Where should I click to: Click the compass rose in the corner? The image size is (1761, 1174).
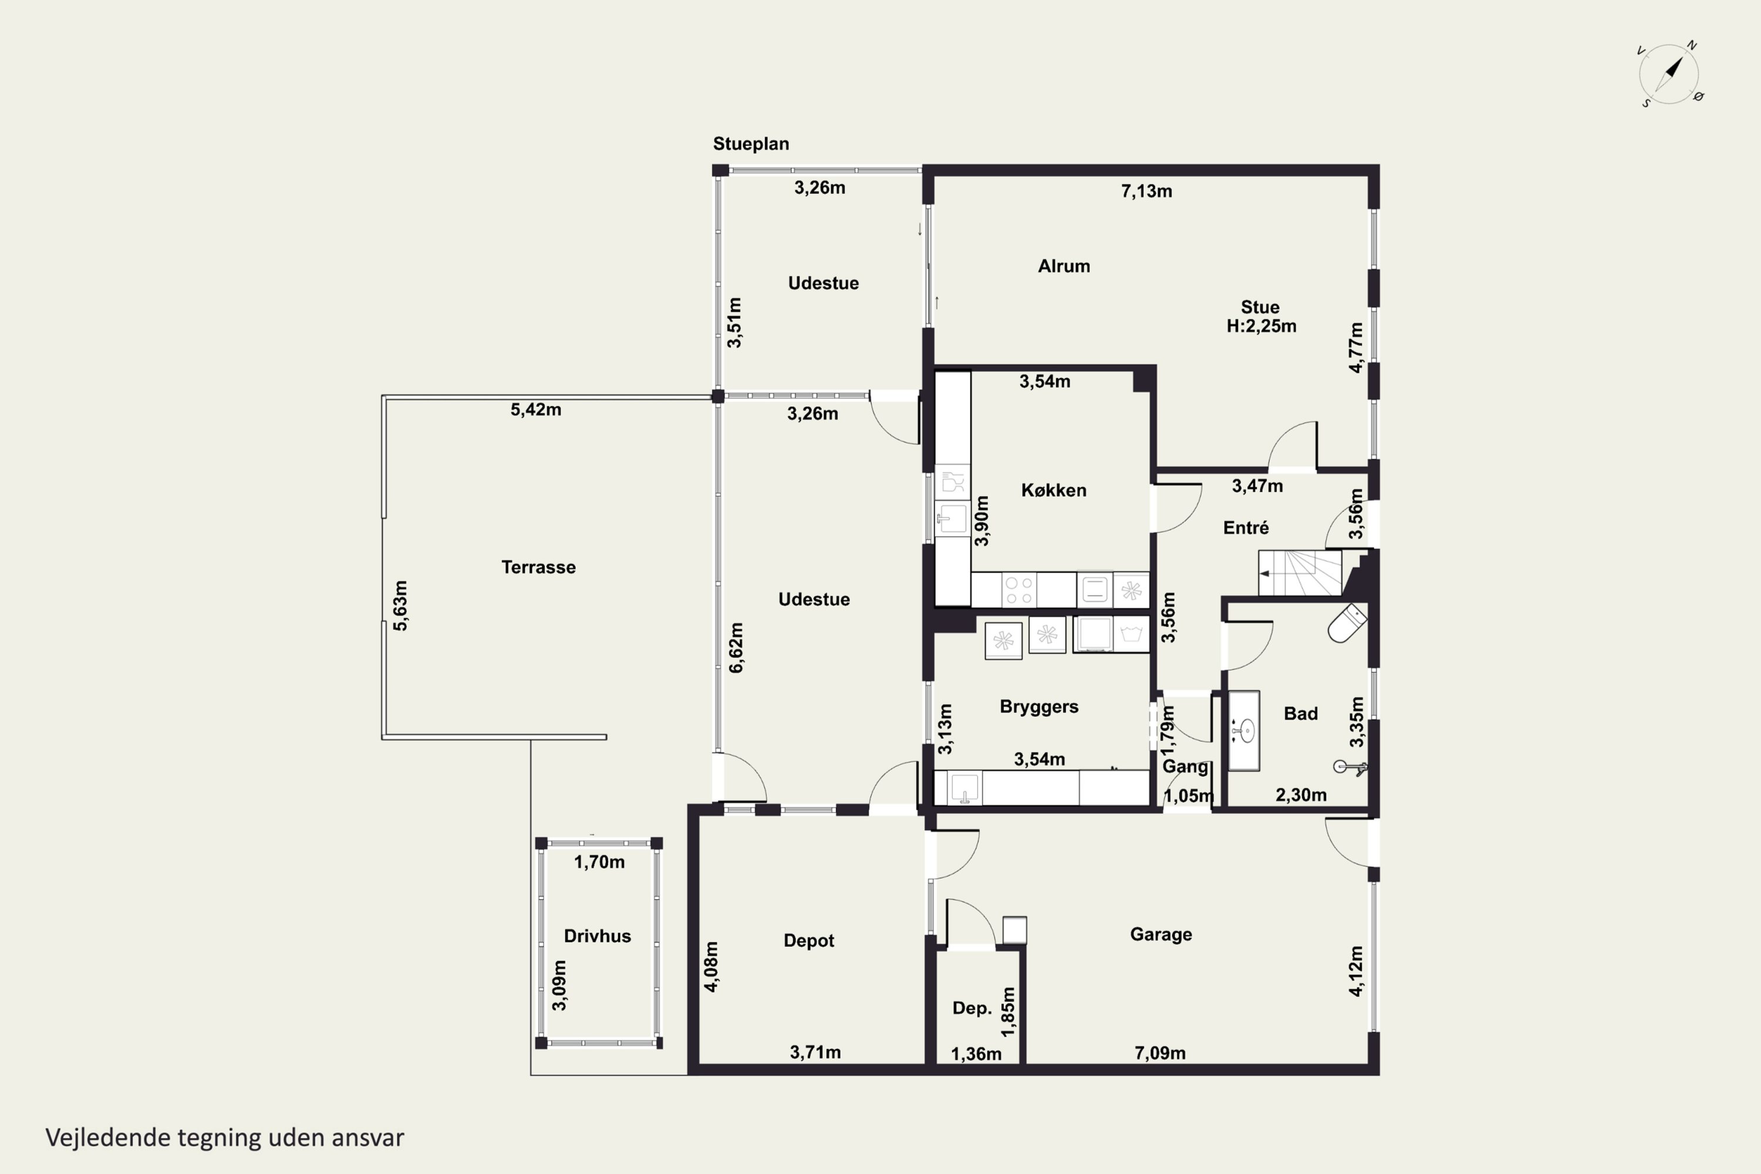point(1669,74)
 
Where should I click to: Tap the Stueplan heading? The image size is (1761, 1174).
point(750,144)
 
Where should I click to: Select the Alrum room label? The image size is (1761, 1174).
point(1063,266)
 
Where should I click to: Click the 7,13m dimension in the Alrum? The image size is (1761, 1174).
point(1146,191)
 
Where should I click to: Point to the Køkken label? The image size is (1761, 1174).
point(1054,490)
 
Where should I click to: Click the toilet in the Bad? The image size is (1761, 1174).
point(1347,623)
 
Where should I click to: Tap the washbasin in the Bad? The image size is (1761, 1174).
point(1244,731)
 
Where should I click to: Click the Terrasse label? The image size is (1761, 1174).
point(538,567)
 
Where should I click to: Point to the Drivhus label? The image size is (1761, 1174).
point(597,936)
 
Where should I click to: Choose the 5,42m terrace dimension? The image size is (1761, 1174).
point(535,410)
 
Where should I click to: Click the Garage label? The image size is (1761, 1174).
point(1160,935)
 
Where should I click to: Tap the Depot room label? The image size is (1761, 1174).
point(809,940)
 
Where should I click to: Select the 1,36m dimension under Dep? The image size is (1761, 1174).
point(976,1054)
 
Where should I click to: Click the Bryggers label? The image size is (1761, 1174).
point(1038,707)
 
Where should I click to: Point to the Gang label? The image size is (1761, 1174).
point(1185,767)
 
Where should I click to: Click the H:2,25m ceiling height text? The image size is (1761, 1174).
point(1261,326)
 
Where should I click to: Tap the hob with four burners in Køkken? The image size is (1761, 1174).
point(1018,589)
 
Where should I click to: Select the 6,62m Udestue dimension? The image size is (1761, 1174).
point(736,647)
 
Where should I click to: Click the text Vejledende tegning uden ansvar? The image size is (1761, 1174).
point(225,1138)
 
